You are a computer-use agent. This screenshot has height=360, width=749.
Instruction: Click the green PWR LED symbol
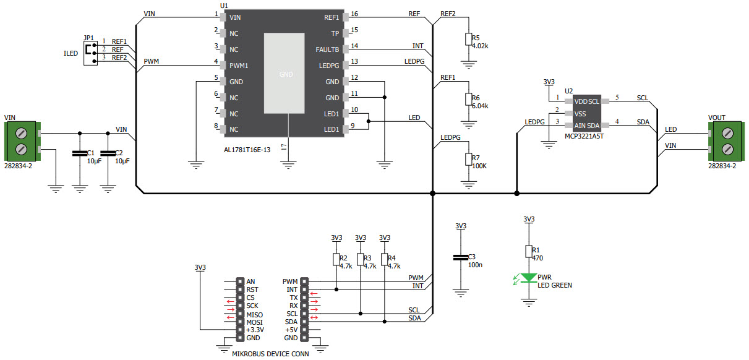528,279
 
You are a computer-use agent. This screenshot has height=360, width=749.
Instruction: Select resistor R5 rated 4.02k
468,40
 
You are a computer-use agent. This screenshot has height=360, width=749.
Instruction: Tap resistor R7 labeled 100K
468,160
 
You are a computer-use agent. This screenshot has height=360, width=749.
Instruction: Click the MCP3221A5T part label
584,136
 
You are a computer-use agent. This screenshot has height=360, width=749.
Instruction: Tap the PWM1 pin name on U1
239,66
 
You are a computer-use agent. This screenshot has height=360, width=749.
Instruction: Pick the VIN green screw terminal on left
21,140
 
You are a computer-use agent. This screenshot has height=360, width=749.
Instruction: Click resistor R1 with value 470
528,251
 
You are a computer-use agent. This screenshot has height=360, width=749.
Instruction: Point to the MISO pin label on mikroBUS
254,315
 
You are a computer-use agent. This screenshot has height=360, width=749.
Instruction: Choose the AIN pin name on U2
580,125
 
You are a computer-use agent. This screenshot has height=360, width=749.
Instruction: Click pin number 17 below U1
283,147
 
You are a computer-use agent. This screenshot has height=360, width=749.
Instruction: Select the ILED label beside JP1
71,54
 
